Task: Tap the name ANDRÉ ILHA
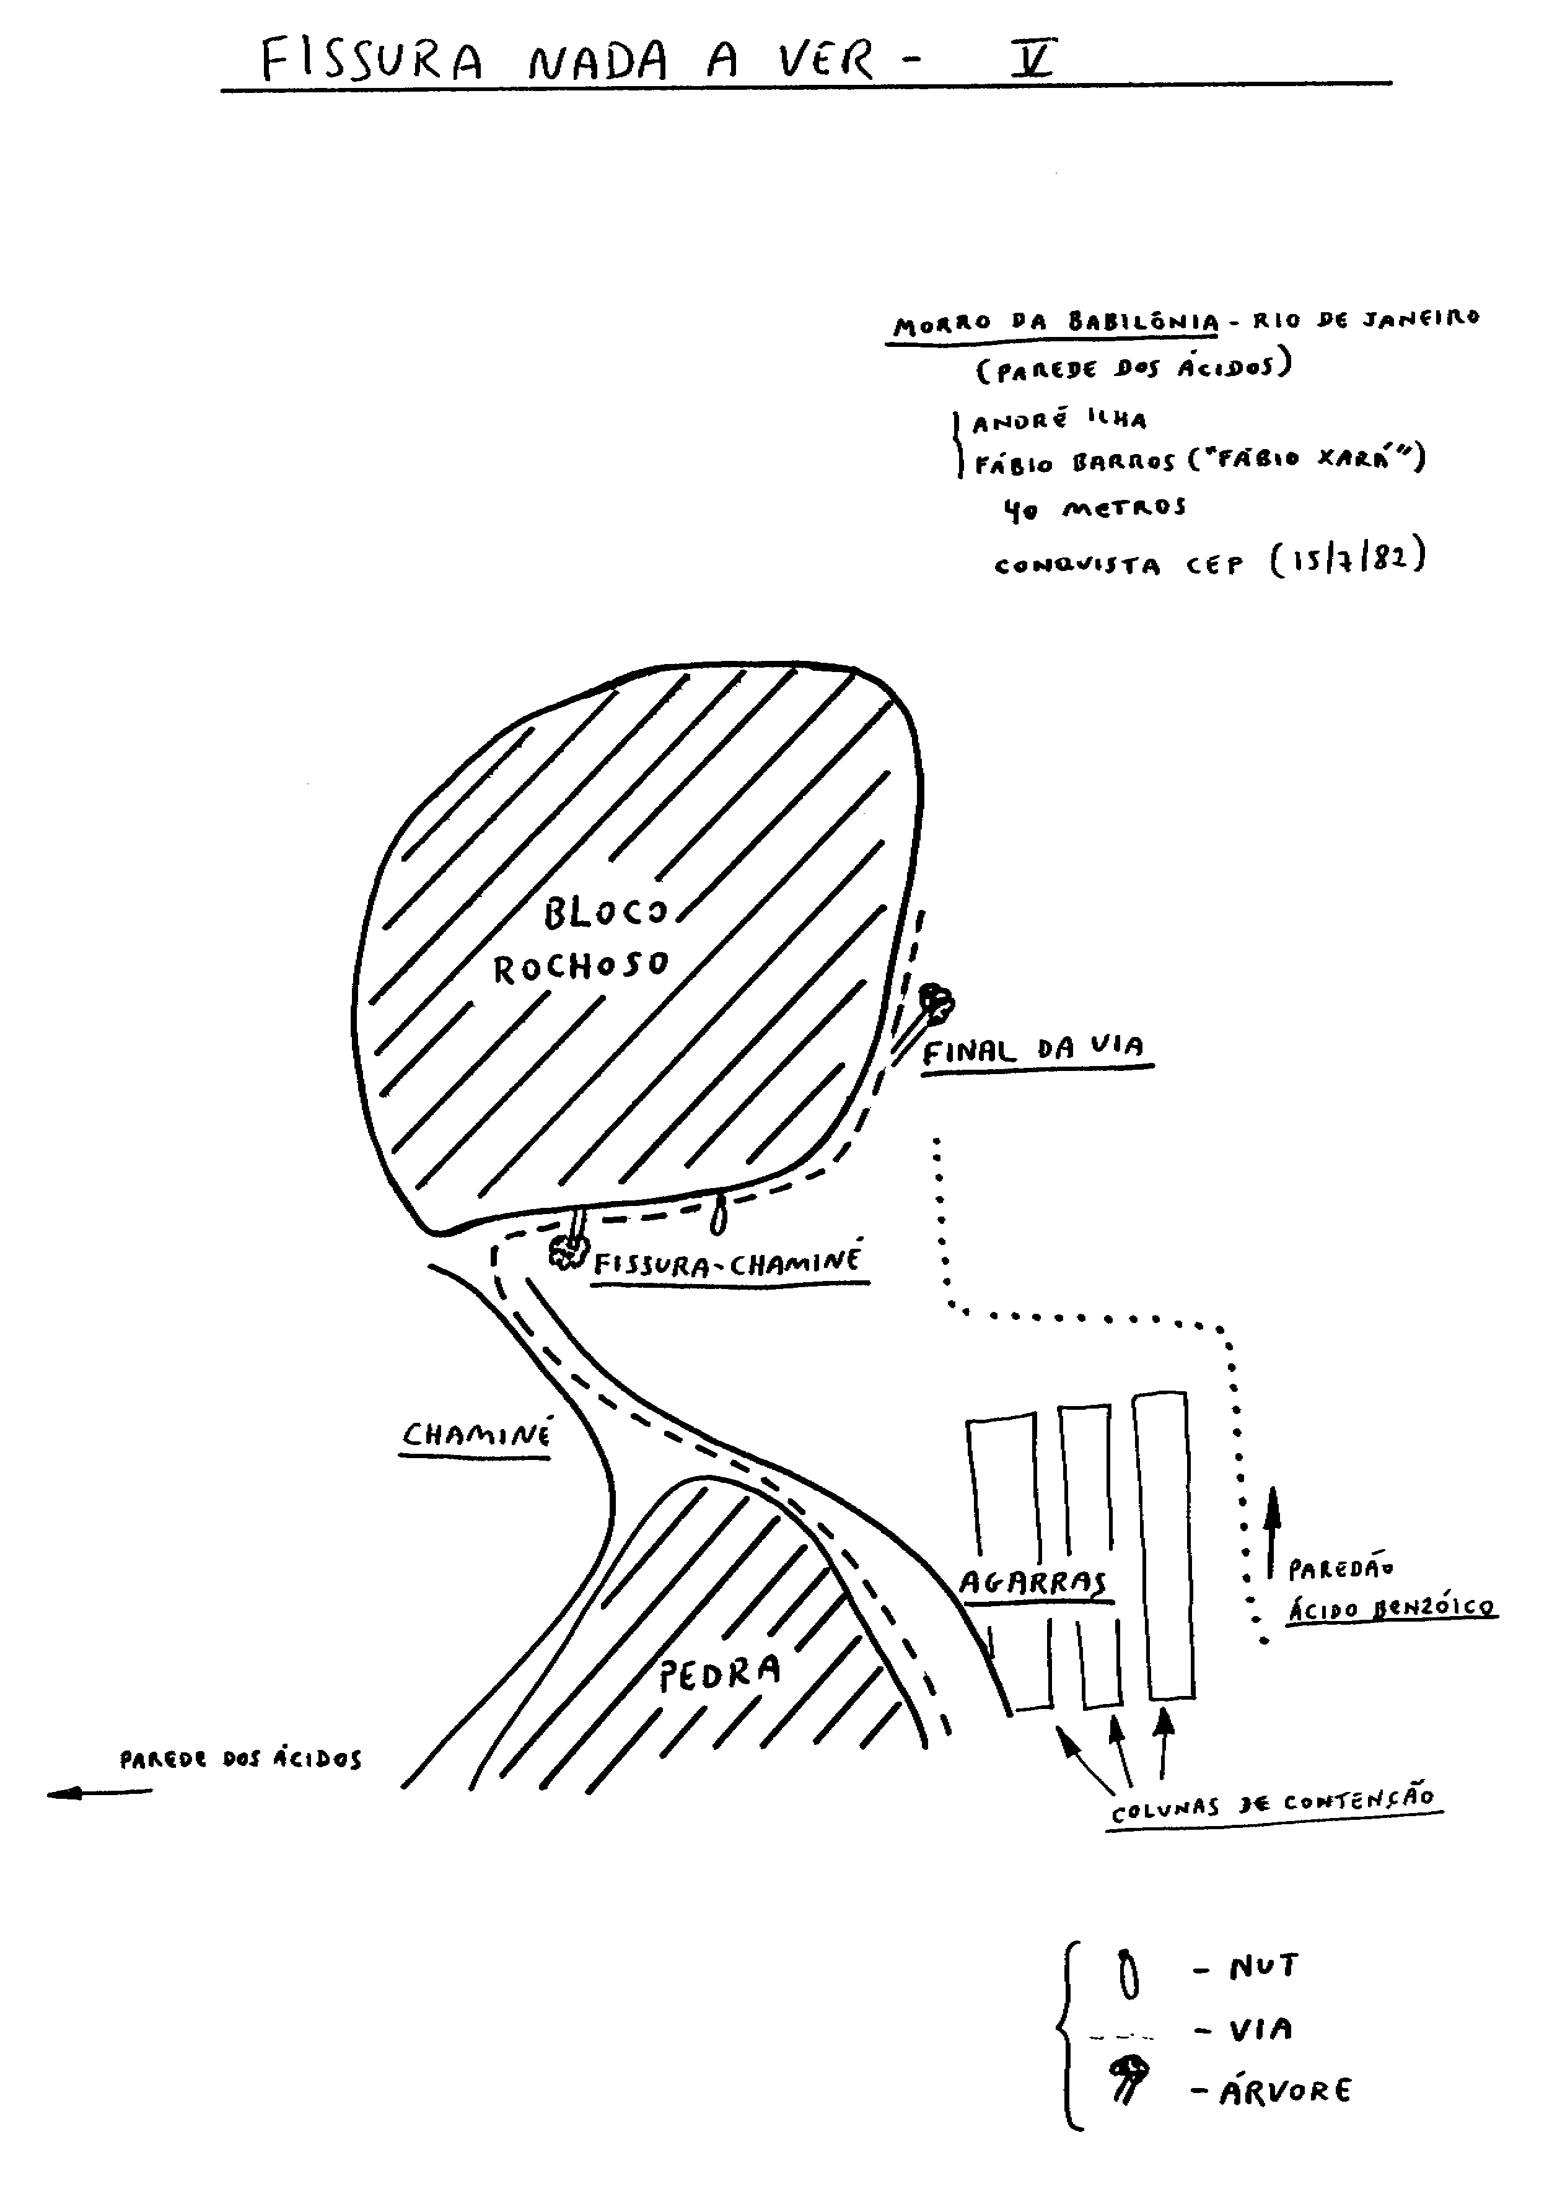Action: (1059, 420)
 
